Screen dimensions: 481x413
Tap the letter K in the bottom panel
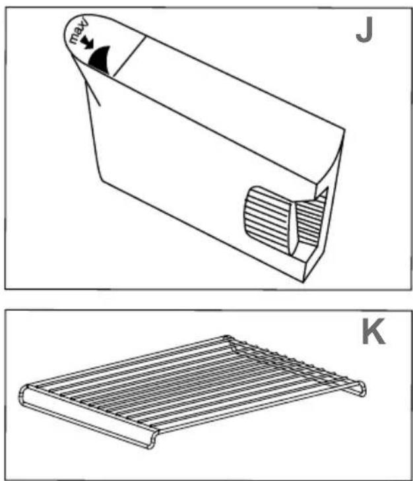tap(374, 334)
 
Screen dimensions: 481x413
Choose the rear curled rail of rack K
tap(297, 363)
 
